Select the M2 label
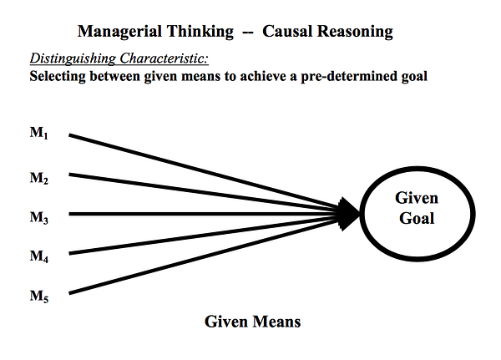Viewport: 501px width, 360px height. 39,178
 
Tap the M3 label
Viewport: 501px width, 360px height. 39,218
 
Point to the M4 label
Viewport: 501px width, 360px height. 39,257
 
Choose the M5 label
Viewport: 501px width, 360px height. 39,296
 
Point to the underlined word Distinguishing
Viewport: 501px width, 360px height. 70,59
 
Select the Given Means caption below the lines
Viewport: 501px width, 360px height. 251,321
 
